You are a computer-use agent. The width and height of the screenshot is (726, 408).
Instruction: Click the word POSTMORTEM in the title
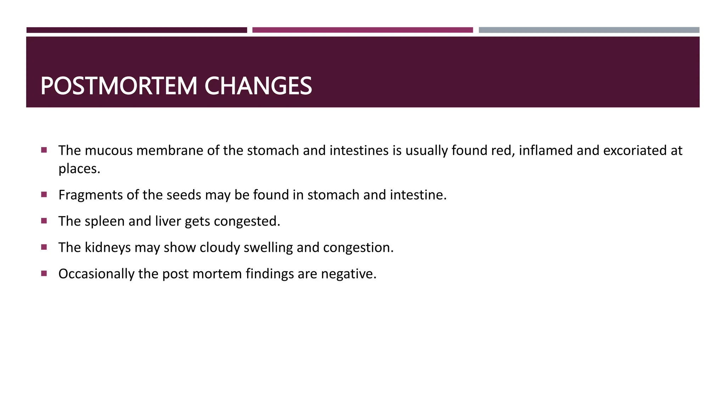pyautogui.click(x=119, y=86)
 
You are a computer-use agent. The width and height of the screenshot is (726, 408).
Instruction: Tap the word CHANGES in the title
pyautogui.click(x=258, y=86)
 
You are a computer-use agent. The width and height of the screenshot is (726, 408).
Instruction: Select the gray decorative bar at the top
pyautogui.click(x=589, y=30)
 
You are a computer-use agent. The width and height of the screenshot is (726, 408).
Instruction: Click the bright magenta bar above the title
pyautogui.click(x=362, y=30)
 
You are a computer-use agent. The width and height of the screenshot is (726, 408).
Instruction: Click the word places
pyautogui.click(x=79, y=169)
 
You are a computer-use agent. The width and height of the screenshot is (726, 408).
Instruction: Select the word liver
pyautogui.click(x=168, y=221)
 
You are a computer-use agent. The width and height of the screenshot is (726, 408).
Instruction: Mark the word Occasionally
pyautogui.click(x=96, y=274)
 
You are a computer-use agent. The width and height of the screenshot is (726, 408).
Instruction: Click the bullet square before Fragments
pyautogui.click(x=44, y=194)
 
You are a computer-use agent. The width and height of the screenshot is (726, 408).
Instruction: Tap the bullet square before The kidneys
pyautogui.click(x=44, y=247)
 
